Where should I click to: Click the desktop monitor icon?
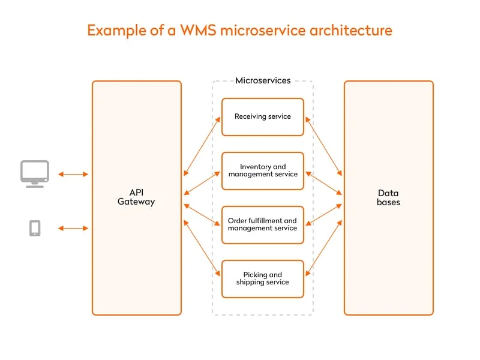point(35,173)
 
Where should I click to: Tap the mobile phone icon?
point(35,228)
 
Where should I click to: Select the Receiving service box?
point(263,116)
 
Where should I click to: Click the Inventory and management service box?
point(263,171)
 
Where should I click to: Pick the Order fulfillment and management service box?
point(263,224)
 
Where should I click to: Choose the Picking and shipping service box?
point(263,278)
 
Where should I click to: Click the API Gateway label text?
point(136,197)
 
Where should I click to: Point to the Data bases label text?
point(388,197)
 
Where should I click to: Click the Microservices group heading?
point(263,80)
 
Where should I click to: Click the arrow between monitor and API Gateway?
point(73,174)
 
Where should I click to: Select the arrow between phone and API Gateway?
point(73,228)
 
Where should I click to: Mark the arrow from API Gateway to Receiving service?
point(202,146)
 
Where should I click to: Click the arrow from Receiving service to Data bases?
point(323,146)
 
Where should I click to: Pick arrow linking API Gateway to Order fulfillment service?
point(202,214)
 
